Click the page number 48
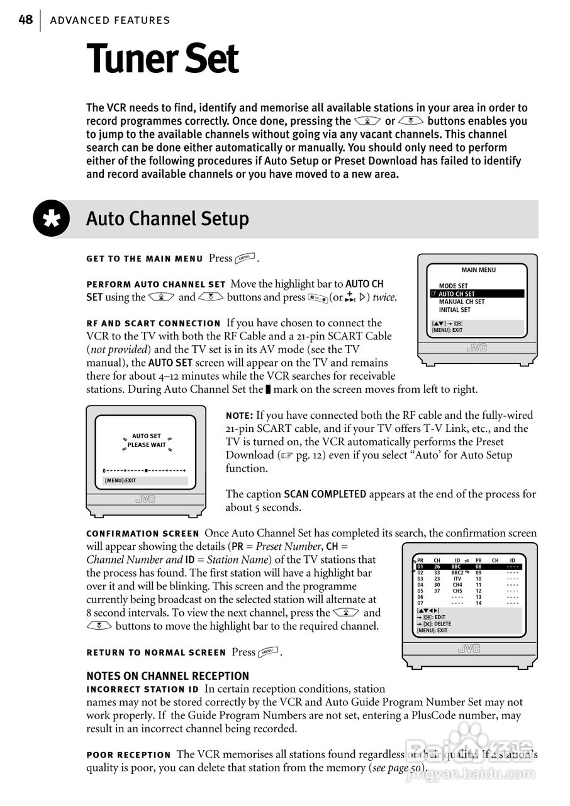click(25, 20)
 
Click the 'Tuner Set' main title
click(162, 59)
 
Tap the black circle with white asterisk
click(52, 219)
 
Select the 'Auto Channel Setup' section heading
click(167, 219)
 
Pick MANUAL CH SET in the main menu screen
click(462, 302)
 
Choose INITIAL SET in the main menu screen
click(455, 310)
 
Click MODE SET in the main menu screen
click(453, 286)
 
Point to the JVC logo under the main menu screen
click(477, 348)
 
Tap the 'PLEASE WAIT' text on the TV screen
click(147, 445)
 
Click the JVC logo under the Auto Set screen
click(145, 500)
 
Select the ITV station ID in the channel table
click(457, 579)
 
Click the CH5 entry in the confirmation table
click(457, 591)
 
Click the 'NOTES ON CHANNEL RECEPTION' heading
click(167, 676)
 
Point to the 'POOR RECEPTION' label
click(128, 754)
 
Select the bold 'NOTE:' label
click(240, 416)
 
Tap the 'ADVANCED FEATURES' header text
click(110, 21)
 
